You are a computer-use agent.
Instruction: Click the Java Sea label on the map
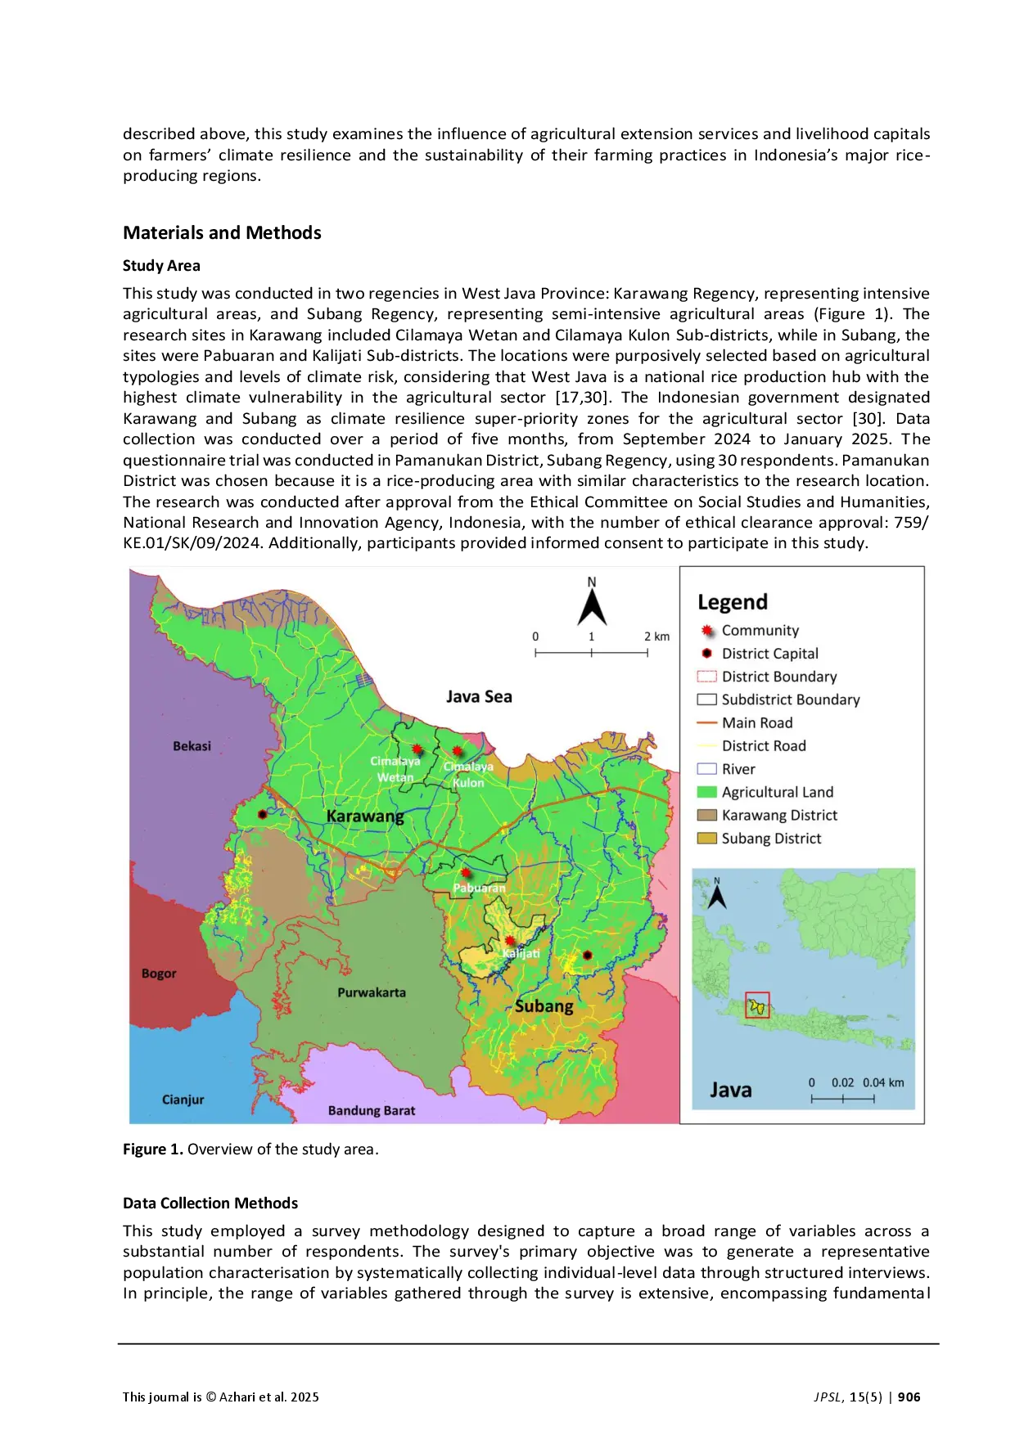(479, 697)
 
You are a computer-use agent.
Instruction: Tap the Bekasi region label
(192, 746)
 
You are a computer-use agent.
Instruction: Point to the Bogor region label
(159, 974)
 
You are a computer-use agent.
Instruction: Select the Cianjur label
(183, 1100)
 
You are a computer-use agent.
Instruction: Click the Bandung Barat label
(372, 1110)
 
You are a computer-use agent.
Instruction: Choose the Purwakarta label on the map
(372, 992)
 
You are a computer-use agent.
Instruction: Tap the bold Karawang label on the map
(365, 816)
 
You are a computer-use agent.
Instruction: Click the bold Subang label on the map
(544, 1006)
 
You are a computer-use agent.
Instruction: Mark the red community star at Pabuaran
(466, 873)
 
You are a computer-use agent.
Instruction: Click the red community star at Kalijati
(510, 941)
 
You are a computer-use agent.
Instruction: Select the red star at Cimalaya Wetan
(417, 749)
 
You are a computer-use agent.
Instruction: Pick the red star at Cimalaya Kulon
(457, 750)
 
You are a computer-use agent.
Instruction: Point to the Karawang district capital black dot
(262, 815)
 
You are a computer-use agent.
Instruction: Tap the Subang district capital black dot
(587, 955)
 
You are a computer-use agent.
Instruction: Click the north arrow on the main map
(592, 605)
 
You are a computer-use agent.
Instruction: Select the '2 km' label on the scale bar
(656, 637)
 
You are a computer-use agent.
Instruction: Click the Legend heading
(733, 602)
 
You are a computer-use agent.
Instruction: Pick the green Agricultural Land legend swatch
(706, 792)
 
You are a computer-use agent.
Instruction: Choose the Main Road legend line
(706, 722)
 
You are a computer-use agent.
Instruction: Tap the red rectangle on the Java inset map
(757, 1005)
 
